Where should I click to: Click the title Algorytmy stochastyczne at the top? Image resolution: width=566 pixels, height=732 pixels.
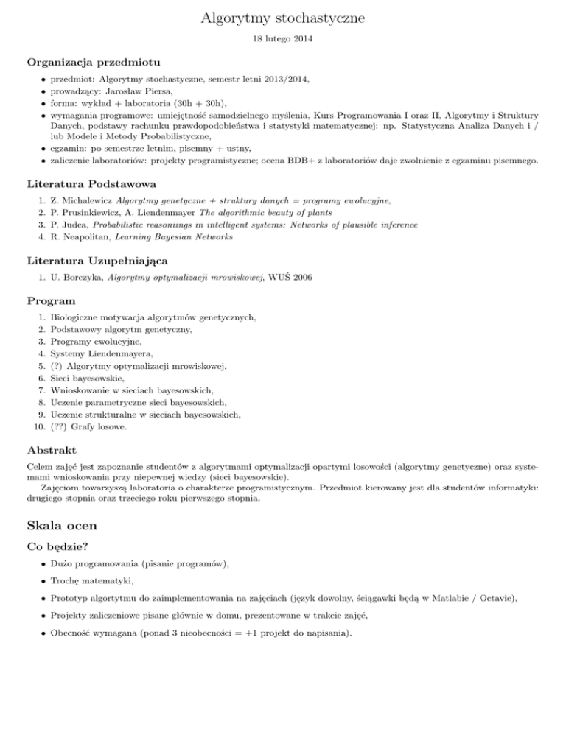coord(282,18)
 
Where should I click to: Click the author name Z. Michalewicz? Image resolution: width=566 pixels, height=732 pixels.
coord(79,200)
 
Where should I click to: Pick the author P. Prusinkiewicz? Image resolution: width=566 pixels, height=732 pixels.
coord(83,212)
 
